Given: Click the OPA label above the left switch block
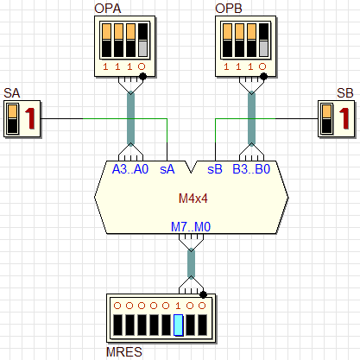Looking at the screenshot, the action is (x=108, y=9).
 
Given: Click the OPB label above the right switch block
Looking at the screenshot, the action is (x=229, y=9).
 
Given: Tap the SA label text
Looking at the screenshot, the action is (x=12, y=93).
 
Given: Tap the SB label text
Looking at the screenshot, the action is (x=345, y=93).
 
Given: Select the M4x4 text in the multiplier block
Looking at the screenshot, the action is (x=193, y=199).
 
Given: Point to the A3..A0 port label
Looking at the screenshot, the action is (x=130, y=169).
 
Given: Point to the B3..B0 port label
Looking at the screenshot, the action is (x=251, y=169).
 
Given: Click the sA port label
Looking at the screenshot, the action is (x=167, y=169).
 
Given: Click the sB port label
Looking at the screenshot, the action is (x=215, y=169).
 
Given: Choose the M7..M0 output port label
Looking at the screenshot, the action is (x=191, y=227).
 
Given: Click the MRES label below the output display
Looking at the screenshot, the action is (x=124, y=352).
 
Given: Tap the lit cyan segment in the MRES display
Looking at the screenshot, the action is (x=179, y=325).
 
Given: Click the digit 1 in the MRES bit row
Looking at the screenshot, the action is (x=178, y=306).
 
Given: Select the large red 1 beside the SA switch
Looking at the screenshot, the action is (x=29, y=118).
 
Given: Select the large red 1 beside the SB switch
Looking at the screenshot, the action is (x=344, y=118).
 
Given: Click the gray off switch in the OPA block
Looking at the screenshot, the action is (x=142, y=48).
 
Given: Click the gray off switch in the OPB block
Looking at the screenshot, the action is (x=263, y=48).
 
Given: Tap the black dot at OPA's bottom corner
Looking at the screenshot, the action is (x=142, y=77).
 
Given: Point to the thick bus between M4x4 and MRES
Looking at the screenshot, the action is (x=191, y=264).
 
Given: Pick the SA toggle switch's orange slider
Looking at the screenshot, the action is (x=12, y=111).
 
